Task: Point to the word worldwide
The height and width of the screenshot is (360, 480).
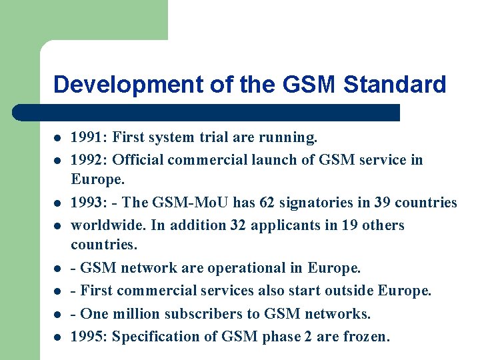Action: tap(109, 225)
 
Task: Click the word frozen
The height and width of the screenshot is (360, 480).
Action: tap(366, 337)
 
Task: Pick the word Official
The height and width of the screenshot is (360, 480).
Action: tap(138, 160)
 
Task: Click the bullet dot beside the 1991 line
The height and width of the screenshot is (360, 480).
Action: tap(58, 139)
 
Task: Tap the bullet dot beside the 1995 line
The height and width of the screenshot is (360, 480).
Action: tap(58, 337)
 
